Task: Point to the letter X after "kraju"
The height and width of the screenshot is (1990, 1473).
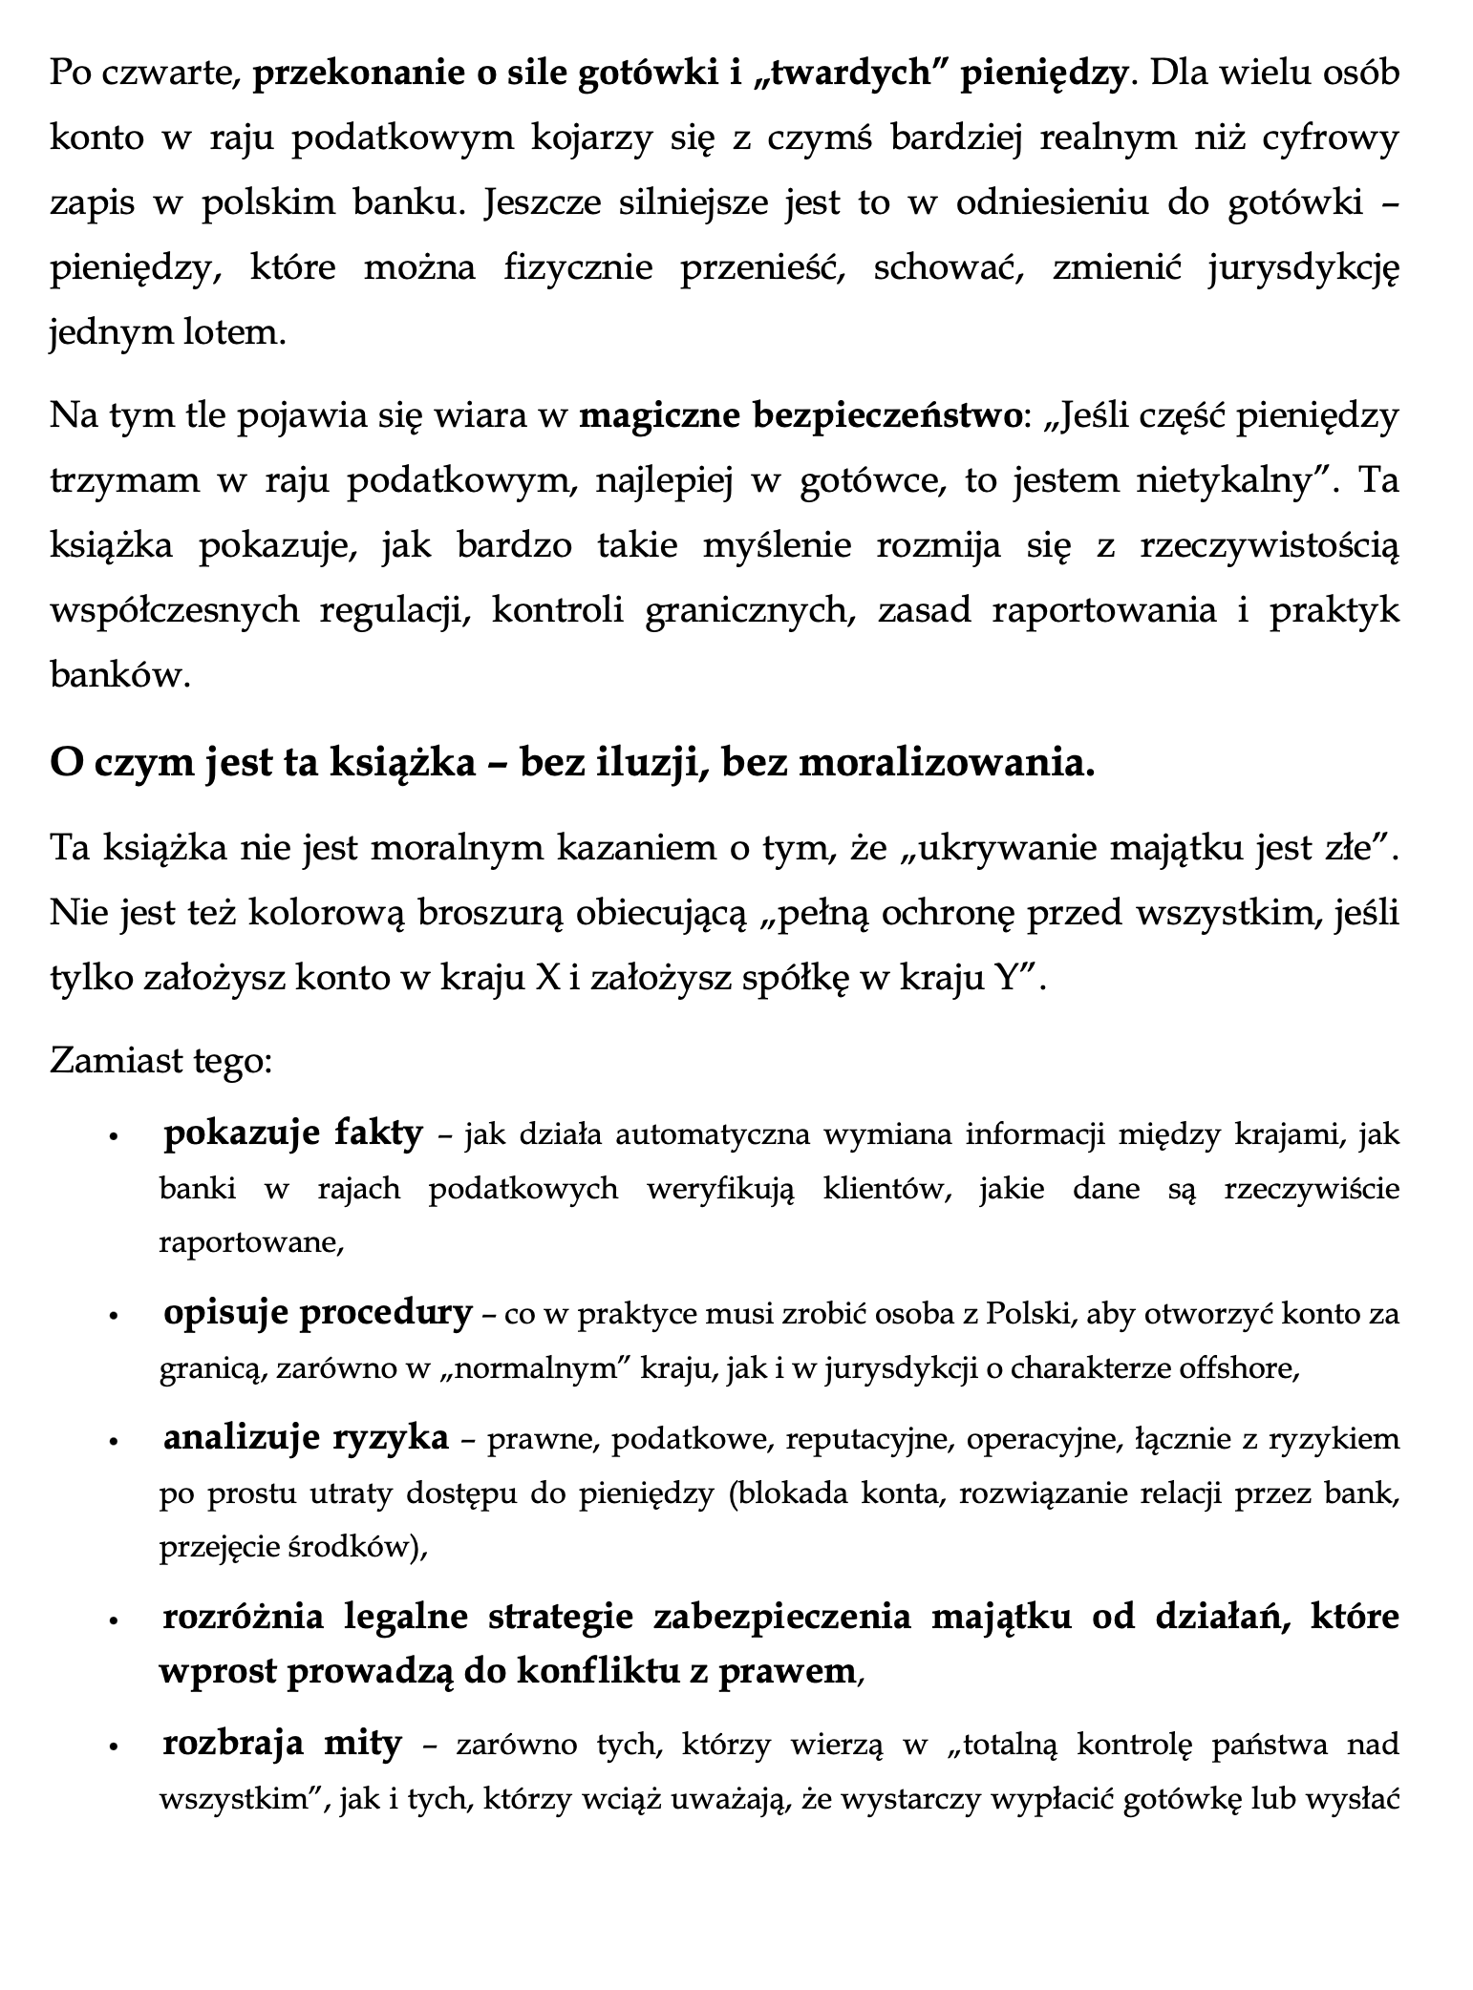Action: click(548, 978)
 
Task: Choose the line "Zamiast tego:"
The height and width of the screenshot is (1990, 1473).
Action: click(162, 1060)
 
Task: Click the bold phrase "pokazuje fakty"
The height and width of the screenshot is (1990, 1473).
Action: click(293, 1133)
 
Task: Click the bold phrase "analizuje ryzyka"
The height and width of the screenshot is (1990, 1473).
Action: click(306, 1439)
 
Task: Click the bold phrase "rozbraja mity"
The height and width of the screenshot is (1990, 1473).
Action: click(283, 1744)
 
